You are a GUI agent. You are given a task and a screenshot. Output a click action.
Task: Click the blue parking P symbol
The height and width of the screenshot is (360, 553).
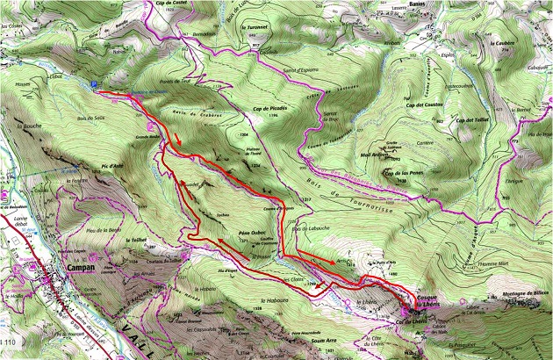(x=94, y=83)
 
